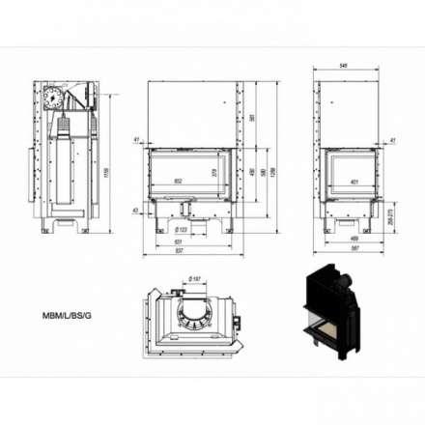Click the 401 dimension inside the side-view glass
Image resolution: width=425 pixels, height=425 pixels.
354,180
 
